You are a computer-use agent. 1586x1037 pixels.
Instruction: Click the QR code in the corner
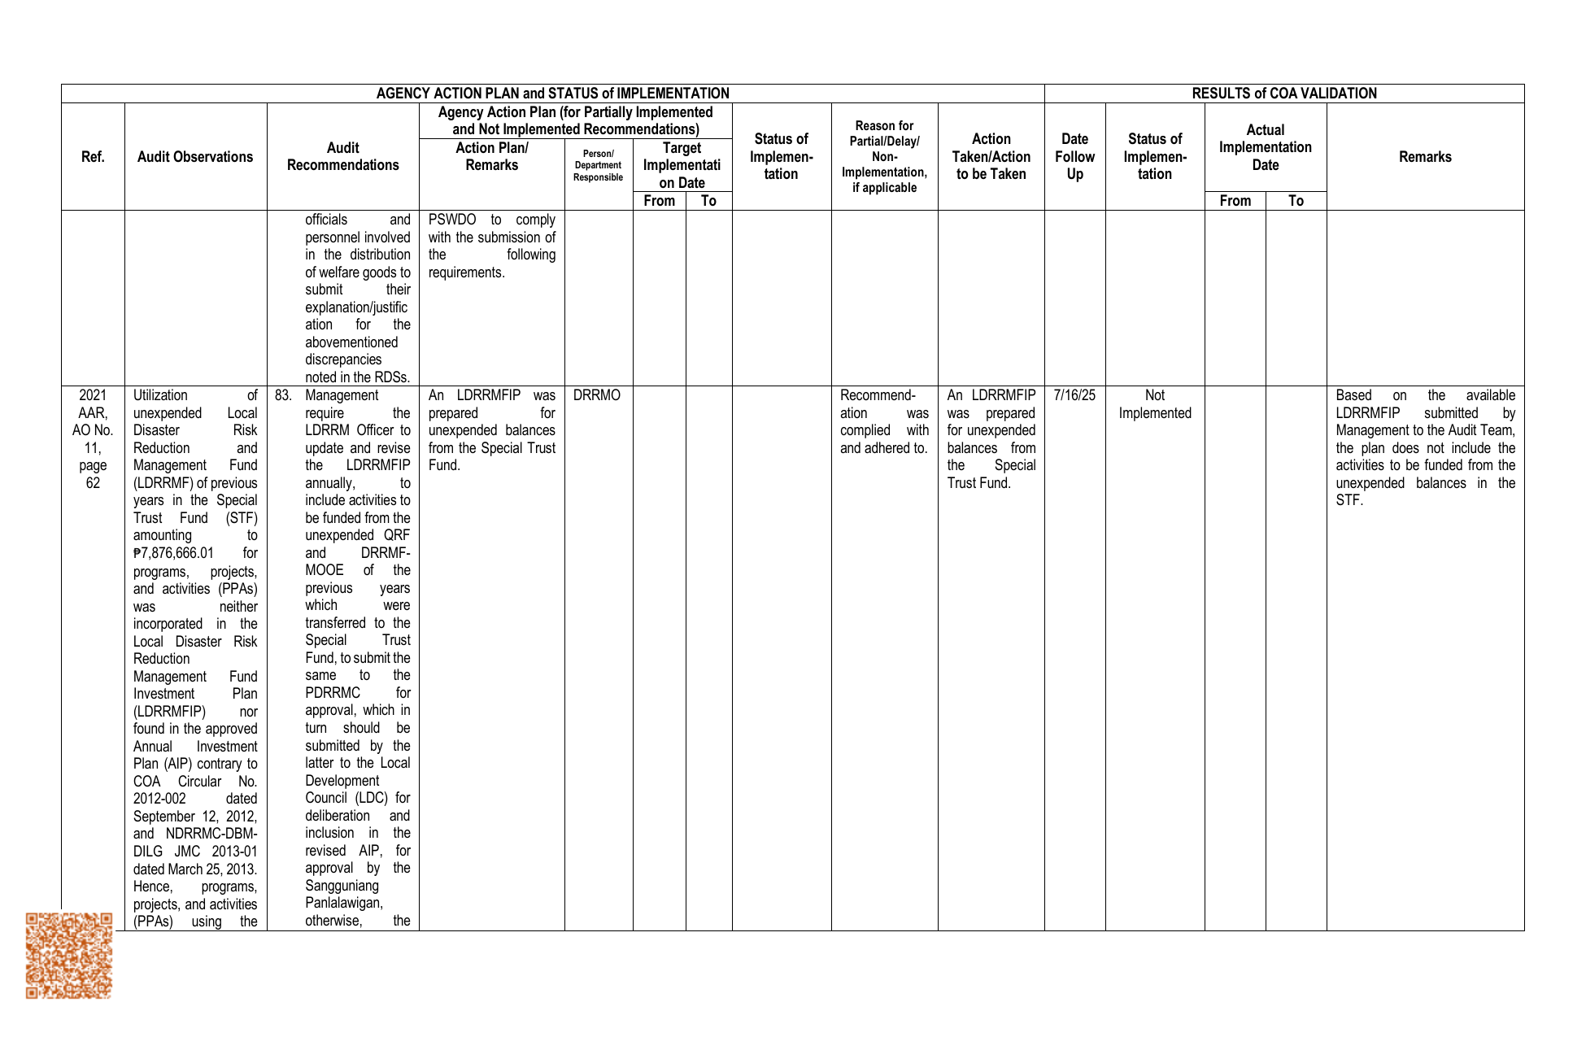(68, 955)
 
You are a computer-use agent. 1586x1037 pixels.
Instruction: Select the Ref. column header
(93, 157)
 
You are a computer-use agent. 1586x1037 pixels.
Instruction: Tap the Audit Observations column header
(195, 157)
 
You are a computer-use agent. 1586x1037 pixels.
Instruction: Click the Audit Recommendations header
(342, 157)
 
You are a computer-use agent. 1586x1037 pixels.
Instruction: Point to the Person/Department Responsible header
(598, 165)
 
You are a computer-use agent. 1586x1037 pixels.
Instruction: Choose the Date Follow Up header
(1074, 157)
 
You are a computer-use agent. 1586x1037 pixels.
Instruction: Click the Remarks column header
(1425, 157)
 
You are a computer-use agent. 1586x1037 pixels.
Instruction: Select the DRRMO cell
(596, 396)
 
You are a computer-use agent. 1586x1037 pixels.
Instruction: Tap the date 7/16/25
(1074, 396)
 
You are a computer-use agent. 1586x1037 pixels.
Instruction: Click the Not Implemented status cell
(1154, 404)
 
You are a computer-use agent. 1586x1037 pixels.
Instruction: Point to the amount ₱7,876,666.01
(174, 553)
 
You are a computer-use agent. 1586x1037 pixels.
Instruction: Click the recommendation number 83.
(282, 396)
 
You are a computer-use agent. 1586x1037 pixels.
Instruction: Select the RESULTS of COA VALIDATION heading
(1284, 94)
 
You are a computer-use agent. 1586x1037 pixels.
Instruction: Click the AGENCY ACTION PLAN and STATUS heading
(552, 94)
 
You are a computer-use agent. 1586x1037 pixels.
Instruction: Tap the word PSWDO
(452, 220)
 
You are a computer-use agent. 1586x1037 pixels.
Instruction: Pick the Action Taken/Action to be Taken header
(991, 157)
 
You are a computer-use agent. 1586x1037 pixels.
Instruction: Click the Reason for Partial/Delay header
(884, 157)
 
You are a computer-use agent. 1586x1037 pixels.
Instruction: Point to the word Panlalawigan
(343, 903)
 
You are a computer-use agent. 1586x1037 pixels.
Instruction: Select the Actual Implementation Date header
(1265, 148)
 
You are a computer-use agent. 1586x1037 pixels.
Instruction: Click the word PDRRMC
(333, 693)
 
